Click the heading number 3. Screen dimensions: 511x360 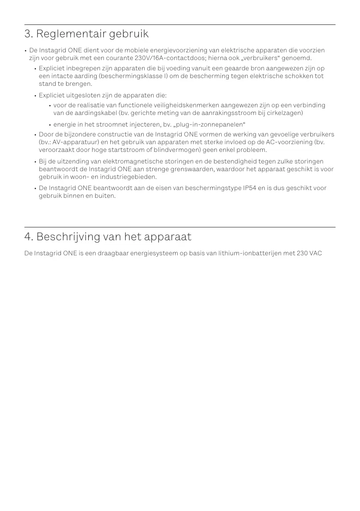(28, 34)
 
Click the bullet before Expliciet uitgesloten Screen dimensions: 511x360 (35, 95)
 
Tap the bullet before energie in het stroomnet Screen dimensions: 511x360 (50, 125)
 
